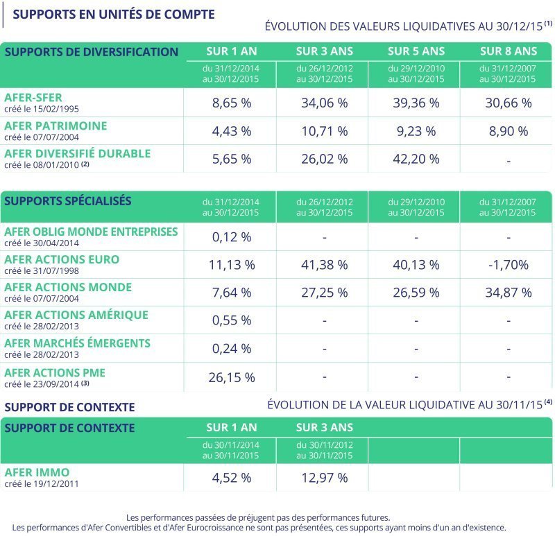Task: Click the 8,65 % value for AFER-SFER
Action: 232,103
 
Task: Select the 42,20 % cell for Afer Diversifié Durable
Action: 416,159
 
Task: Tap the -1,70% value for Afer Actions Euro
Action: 509,265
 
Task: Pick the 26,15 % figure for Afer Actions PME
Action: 232,377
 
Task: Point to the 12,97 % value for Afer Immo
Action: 324,478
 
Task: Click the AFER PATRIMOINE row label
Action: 55,126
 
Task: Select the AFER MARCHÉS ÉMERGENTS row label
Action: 77,343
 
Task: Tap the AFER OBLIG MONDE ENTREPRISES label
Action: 91,232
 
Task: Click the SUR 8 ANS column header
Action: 509,51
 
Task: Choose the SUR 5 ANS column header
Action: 416,51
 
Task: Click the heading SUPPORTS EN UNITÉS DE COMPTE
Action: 114,14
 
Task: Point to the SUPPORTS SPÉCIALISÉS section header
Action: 67,200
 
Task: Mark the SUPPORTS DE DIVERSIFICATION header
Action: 92,52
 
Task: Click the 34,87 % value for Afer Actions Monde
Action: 509,293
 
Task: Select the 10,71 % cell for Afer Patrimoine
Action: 324,131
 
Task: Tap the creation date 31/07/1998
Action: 56,271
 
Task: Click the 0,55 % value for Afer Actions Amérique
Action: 232,320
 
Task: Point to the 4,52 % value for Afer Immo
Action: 232,478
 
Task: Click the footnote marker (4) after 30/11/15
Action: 548,401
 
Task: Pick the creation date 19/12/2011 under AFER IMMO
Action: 56,483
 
